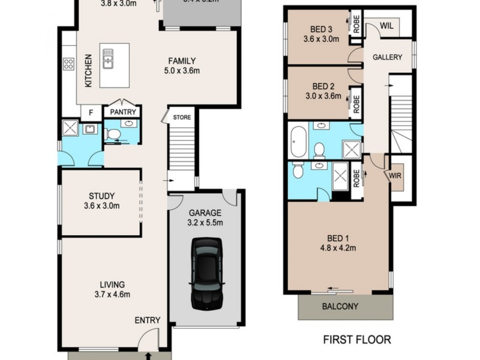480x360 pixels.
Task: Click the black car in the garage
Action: tap(206, 274)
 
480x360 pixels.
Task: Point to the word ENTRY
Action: tap(147, 320)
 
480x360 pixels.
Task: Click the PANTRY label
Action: tap(122, 112)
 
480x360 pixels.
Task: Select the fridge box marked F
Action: tap(91, 112)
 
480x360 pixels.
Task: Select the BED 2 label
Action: tap(322, 91)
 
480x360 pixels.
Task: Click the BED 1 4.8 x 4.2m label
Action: tap(338, 239)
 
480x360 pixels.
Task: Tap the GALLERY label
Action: tap(387, 58)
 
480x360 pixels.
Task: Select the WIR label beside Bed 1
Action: tap(395, 176)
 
